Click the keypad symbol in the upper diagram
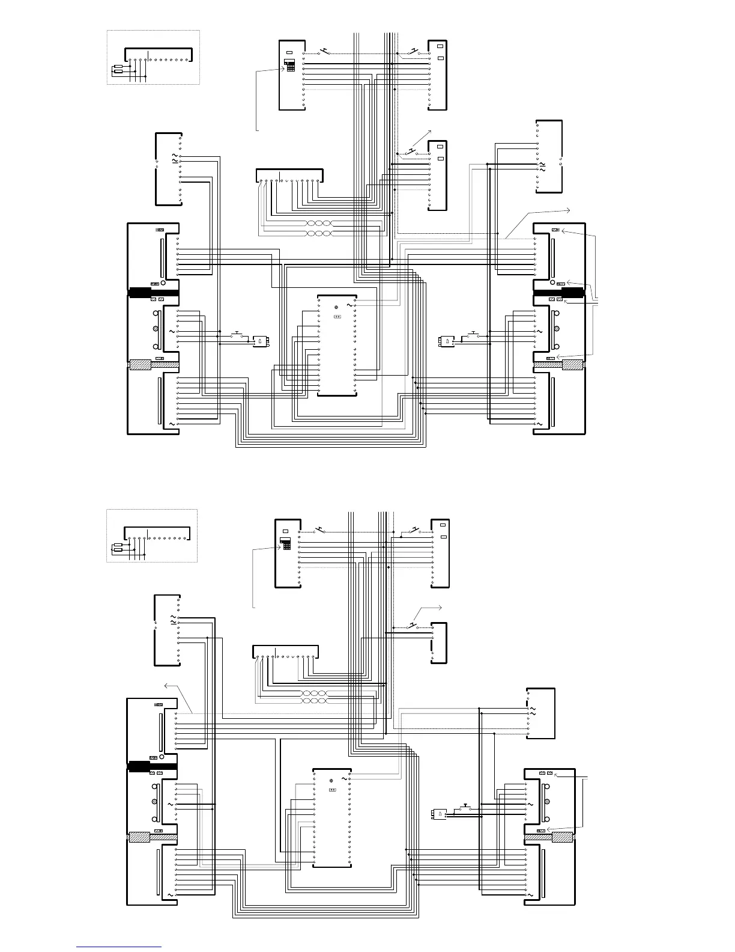tap(289, 66)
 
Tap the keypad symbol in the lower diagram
tap(285, 545)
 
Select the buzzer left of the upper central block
tap(260, 341)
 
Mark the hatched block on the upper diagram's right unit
tap(572, 364)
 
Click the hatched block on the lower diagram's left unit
tap(140, 837)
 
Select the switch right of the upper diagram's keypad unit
tap(324, 51)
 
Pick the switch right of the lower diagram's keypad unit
tap(320, 530)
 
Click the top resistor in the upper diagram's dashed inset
tap(118, 67)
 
